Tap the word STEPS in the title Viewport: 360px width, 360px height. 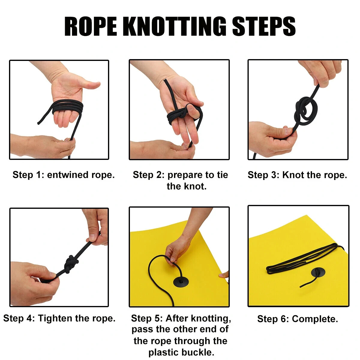pos(264,26)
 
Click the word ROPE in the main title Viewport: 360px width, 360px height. pos(91,26)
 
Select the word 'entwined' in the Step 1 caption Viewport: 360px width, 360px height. pos(67,175)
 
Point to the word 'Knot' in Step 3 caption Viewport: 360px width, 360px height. pos(293,175)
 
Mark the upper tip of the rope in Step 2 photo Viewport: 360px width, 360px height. pos(165,80)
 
